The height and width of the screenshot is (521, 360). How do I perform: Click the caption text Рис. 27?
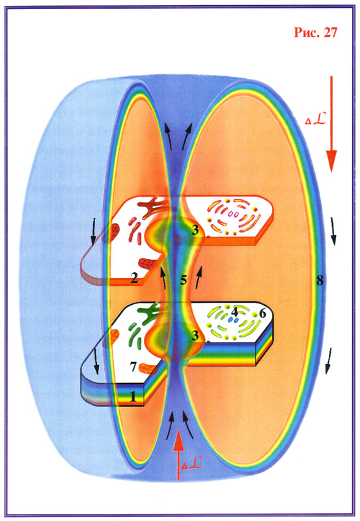pyautogui.click(x=316, y=32)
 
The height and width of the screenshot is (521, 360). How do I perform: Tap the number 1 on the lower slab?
pyautogui.click(x=133, y=397)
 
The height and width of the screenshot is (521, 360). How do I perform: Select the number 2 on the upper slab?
pyautogui.click(x=134, y=278)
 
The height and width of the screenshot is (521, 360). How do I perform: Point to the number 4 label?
pyautogui.click(x=235, y=312)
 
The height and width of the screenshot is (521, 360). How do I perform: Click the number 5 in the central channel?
pyautogui.click(x=184, y=280)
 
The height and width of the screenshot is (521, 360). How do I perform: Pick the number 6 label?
pyautogui.click(x=262, y=313)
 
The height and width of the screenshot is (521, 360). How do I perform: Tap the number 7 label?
pyautogui.click(x=133, y=367)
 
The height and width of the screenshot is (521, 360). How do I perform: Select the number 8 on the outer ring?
pyautogui.click(x=320, y=281)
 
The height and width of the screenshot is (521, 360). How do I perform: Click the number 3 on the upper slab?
pyautogui.click(x=195, y=231)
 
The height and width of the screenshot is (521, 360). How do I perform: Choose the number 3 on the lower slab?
pyautogui.click(x=195, y=335)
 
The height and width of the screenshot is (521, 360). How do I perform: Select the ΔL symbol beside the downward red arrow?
pyautogui.click(x=315, y=119)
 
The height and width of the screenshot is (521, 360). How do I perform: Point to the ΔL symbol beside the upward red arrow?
pyautogui.click(x=191, y=464)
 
